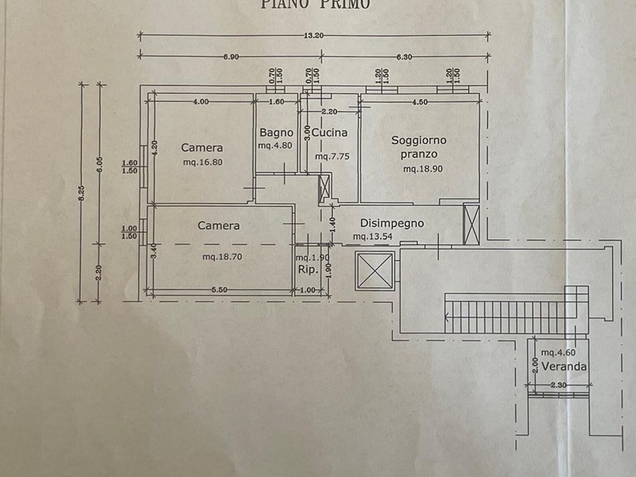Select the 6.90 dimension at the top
pos(231,56)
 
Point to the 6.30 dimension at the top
pos(404,56)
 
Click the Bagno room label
pos(276,133)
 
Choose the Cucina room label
pos(329,133)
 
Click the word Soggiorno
pos(419,140)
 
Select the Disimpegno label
pos(392,223)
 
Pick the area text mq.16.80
pos(202,162)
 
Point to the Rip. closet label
pos(308,270)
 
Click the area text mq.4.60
pos(560,352)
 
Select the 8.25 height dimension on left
pos(80,193)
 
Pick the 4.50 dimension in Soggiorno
pos(419,102)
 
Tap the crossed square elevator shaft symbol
pos(373,270)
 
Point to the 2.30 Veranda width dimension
pos(560,386)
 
